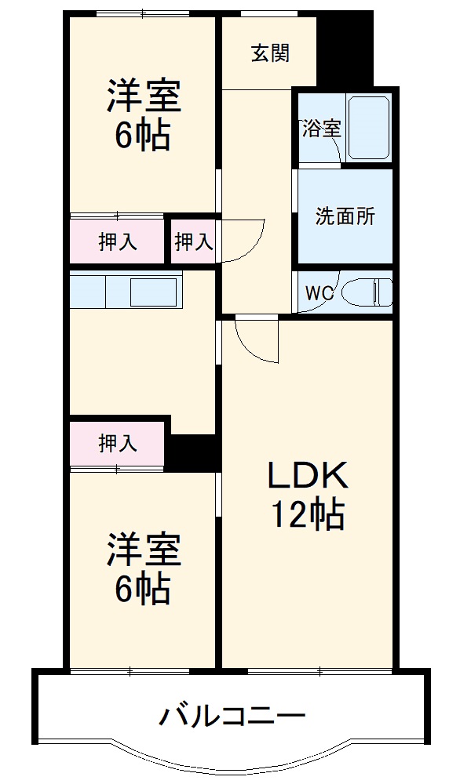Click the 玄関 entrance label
(x=270, y=53)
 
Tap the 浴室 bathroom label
(x=321, y=129)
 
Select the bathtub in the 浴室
(x=368, y=129)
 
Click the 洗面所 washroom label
(x=345, y=217)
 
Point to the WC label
(x=319, y=293)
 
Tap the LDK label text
(x=307, y=476)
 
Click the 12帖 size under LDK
(x=307, y=515)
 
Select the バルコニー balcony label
(x=232, y=716)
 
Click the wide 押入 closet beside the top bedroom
(x=118, y=242)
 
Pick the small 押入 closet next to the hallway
(x=193, y=242)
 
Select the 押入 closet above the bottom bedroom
(x=118, y=444)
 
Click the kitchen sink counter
(x=126, y=292)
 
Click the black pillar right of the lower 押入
(x=193, y=452)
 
